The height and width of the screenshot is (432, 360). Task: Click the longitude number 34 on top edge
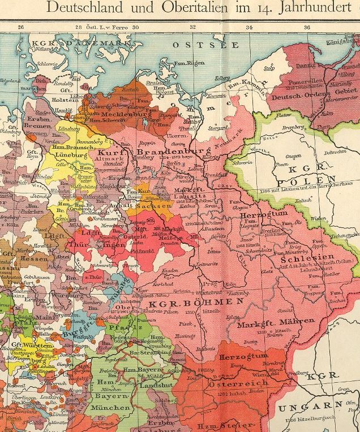coord(249,27)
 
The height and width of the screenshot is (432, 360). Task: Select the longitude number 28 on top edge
coord(78,27)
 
